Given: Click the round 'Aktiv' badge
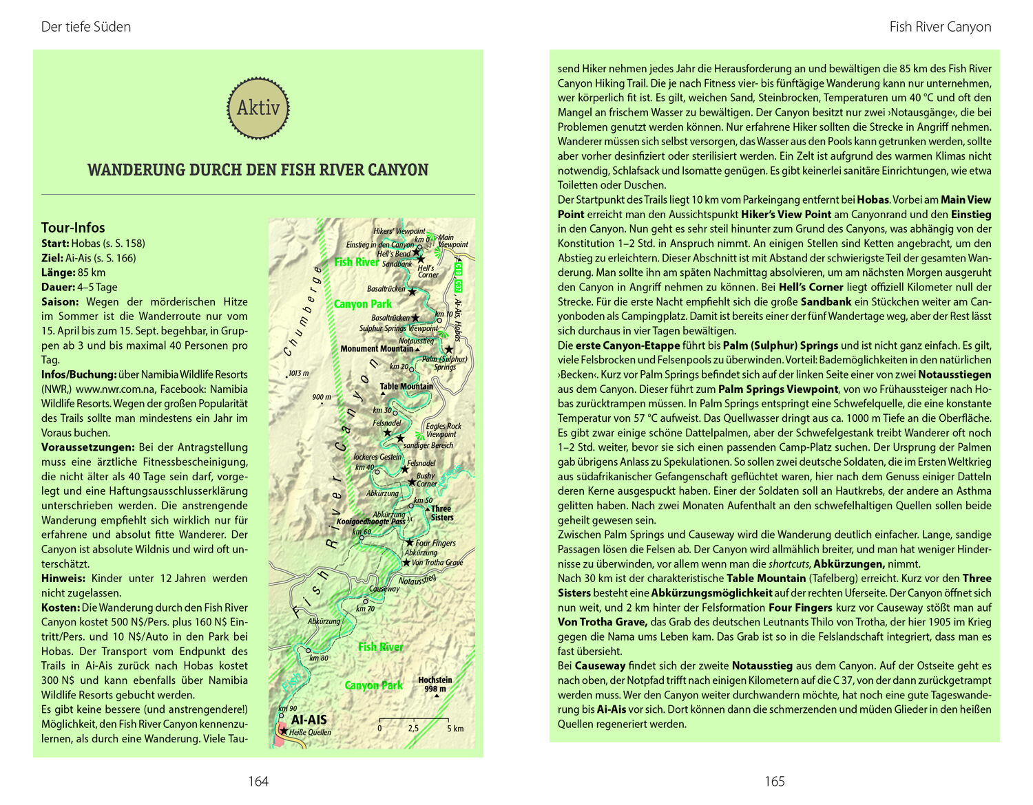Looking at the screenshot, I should pyautogui.click(x=258, y=108).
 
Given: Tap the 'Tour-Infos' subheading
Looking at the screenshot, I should pyautogui.click(x=73, y=228).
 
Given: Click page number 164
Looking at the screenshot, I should pyautogui.click(x=258, y=781).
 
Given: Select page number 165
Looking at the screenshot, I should pyautogui.click(x=775, y=781).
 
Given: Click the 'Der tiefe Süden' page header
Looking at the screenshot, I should pyautogui.click(x=86, y=27).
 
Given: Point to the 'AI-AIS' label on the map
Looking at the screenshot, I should pyautogui.click(x=309, y=720).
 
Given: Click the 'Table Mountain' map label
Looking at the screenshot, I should pyautogui.click(x=406, y=386).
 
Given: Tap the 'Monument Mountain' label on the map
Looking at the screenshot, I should pyautogui.click(x=377, y=349).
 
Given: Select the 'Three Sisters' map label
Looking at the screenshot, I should pyautogui.click(x=441, y=513).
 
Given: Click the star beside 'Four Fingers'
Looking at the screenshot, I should pyautogui.click(x=409, y=543).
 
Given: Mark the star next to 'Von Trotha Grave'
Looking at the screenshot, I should pyautogui.click(x=406, y=562).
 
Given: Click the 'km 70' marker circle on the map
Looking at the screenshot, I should pyautogui.click(x=358, y=600).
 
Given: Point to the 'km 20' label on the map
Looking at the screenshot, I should pyautogui.click(x=399, y=367).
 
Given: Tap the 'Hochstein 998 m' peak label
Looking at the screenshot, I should pyautogui.click(x=435, y=685).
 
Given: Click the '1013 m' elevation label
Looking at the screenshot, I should pyautogui.click(x=298, y=374).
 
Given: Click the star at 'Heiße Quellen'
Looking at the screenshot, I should pyautogui.click(x=283, y=731).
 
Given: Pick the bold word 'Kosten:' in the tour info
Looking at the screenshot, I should pyautogui.click(x=60, y=608).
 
